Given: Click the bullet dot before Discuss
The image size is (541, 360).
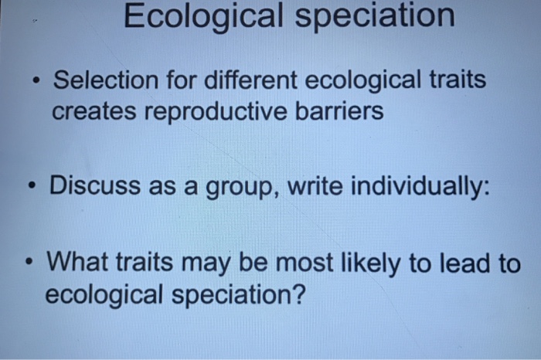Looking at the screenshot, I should [x=31, y=187].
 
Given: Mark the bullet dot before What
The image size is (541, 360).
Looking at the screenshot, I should [x=29, y=263].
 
